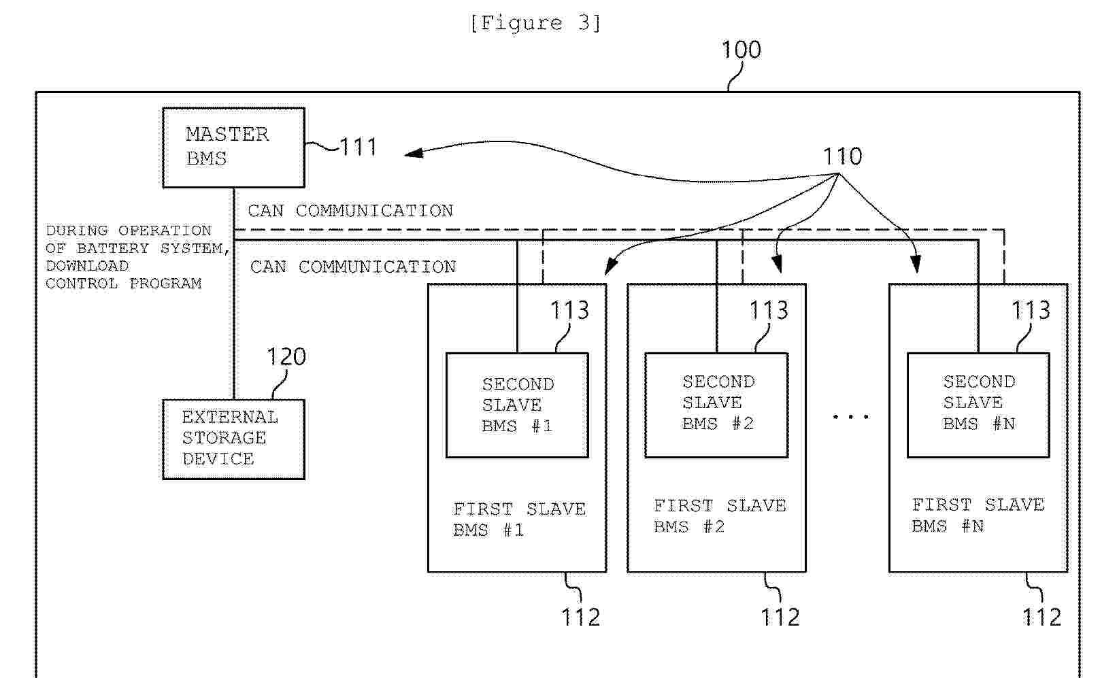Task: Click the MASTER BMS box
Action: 233,147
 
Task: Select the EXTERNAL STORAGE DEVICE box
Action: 233,439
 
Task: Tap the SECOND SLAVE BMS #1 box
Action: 517,405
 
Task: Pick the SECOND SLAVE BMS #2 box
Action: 716,405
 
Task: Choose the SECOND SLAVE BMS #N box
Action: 978,405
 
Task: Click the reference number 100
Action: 741,50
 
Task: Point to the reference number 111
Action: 358,147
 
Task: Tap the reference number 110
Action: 842,156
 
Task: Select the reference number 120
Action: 286,357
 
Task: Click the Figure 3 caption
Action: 535,23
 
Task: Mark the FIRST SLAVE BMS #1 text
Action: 519,520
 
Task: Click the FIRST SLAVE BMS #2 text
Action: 720,516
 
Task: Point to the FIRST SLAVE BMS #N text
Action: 978,515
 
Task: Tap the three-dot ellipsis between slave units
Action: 850,416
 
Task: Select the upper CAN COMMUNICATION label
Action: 350,211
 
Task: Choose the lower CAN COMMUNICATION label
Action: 353,267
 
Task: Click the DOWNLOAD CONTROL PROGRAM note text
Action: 129,257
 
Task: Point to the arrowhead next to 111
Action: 412,153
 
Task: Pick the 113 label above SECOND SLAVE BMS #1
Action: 569,310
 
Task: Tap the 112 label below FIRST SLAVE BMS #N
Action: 1041,617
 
